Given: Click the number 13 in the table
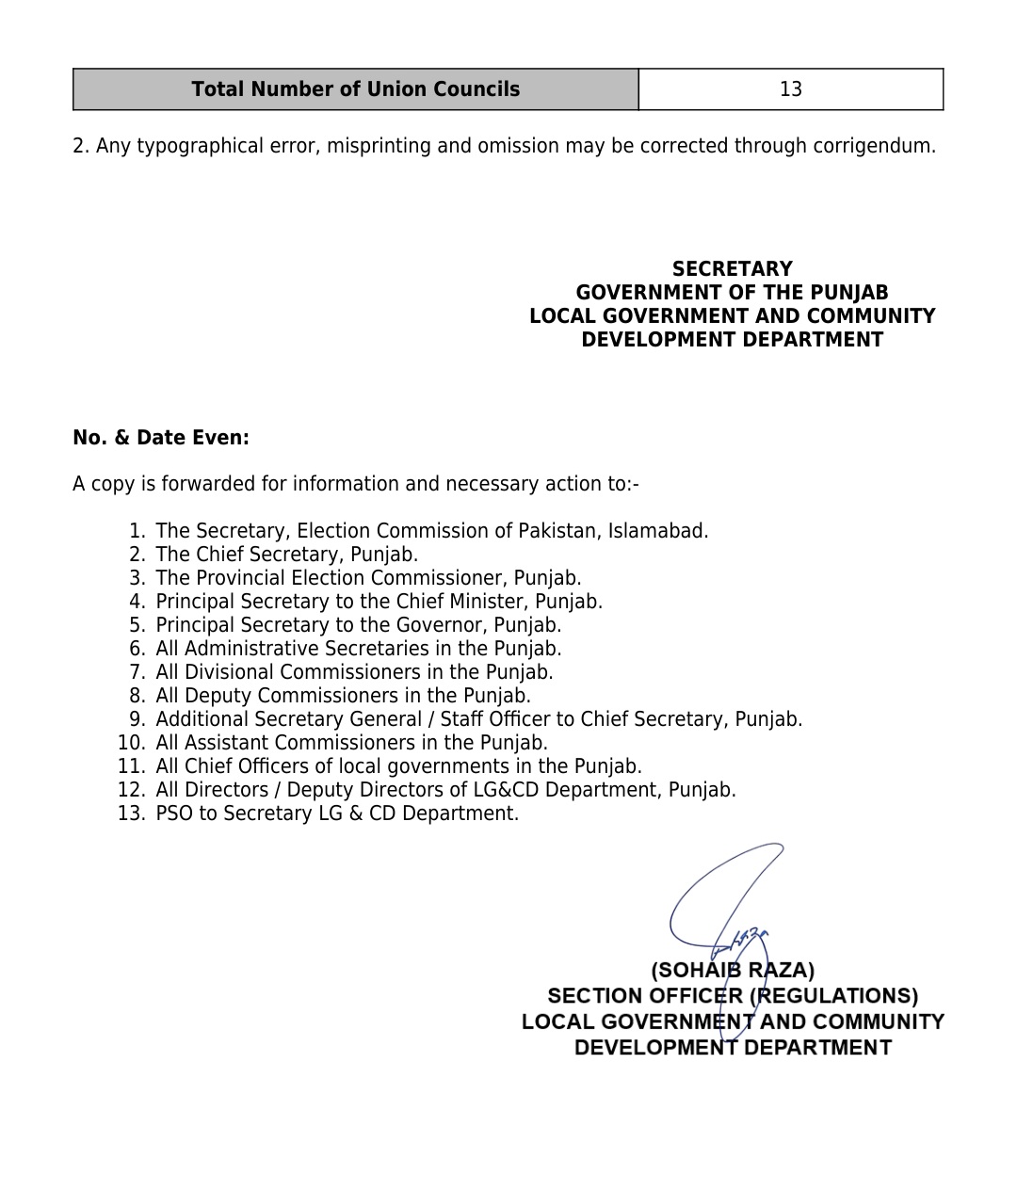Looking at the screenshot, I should click(790, 89).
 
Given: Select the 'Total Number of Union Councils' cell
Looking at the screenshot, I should click(355, 89).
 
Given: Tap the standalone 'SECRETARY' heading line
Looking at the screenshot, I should click(732, 269).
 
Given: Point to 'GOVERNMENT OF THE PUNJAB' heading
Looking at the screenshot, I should click(732, 293).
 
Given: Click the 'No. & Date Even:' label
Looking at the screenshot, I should click(161, 438).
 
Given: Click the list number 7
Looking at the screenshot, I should click(137, 672).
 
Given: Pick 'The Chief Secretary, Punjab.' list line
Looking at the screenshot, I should click(286, 555).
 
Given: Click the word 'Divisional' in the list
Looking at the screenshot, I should click(229, 672).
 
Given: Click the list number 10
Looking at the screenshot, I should click(132, 743).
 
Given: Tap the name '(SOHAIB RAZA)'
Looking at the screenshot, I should click(733, 970).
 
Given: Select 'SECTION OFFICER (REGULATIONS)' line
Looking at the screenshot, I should click(733, 996).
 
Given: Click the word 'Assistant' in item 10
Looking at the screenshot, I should click(226, 743).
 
